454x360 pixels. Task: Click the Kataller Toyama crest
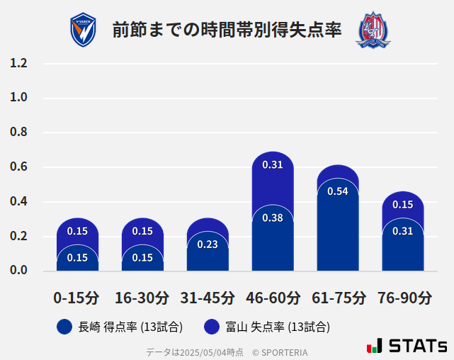click(x=373, y=30)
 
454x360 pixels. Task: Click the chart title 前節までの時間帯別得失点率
click(x=227, y=30)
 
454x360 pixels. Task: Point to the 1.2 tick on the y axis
click(x=18, y=64)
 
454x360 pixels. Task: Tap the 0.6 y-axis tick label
click(x=18, y=167)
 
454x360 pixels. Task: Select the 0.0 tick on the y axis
click(x=18, y=271)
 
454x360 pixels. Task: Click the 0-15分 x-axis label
click(x=77, y=298)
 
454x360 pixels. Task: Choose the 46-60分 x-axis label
click(x=273, y=298)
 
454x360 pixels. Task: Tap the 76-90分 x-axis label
click(x=403, y=298)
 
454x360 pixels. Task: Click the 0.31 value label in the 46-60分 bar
click(x=273, y=164)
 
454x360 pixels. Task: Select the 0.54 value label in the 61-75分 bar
click(x=338, y=191)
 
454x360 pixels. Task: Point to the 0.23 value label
click(x=208, y=244)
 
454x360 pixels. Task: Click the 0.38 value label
click(x=273, y=218)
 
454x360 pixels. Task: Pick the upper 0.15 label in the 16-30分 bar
click(x=142, y=231)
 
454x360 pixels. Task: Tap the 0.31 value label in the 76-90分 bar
click(x=403, y=231)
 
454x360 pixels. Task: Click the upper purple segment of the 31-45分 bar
click(x=208, y=225)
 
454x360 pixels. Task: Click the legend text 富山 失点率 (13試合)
click(x=278, y=327)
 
